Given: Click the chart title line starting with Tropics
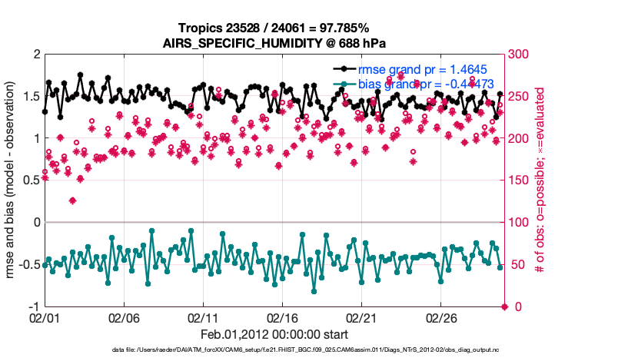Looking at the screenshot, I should click(x=274, y=28).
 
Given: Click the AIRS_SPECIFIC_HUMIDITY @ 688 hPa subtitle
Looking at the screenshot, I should click(x=274, y=43).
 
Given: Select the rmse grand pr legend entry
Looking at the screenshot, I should click(x=424, y=69).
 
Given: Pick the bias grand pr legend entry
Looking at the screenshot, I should click(x=420, y=84).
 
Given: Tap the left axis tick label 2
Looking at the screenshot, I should click(x=36, y=55).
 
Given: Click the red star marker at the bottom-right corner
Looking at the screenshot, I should click(x=504, y=307).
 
